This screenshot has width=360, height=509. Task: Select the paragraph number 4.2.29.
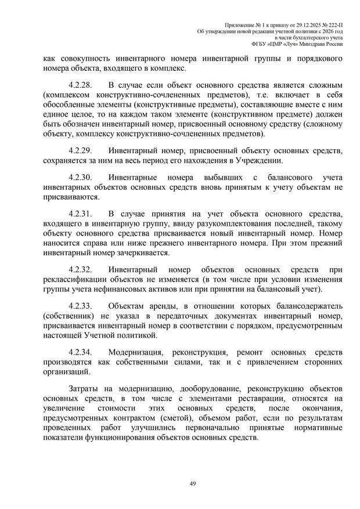pos(81,151)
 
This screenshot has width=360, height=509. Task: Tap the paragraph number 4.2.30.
pos(81,176)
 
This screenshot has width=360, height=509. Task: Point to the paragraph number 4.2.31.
pos(81,213)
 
